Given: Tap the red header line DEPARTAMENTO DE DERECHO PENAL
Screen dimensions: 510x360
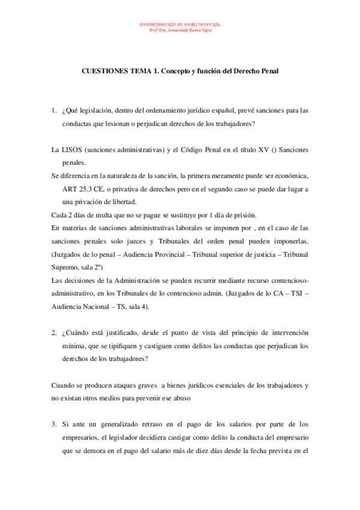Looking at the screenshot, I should pos(180,25).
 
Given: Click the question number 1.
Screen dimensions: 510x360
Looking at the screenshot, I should pos(53,111).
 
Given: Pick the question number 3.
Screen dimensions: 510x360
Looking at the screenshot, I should pos(53,424).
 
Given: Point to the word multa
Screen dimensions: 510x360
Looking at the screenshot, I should pos(92,215).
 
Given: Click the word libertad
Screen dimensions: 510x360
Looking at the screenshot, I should pos(123,201).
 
